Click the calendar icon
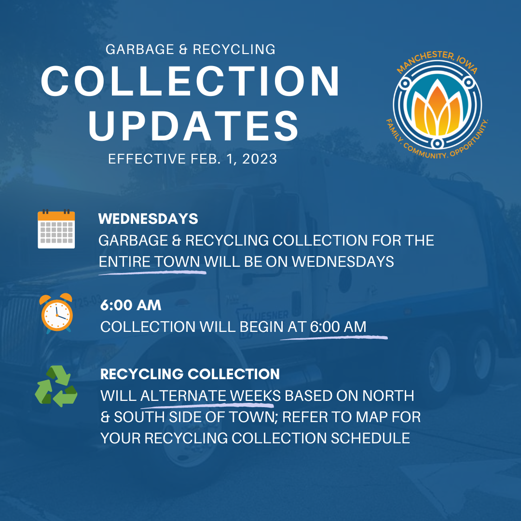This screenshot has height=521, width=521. pyautogui.click(x=56, y=229)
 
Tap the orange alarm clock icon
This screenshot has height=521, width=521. pyautogui.click(x=56, y=314)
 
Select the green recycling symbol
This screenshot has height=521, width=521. pyautogui.click(x=56, y=386)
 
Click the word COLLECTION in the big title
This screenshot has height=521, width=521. pyautogui.click(x=190, y=81)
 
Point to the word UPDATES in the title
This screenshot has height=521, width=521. pyautogui.click(x=194, y=125)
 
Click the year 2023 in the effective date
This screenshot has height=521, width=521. pyautogui.click(x=260, y=159)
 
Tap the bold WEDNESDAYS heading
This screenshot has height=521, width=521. pyautogui.click(x=148, y=219)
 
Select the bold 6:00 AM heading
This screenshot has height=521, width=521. pyautogui.click(x=131, y=305)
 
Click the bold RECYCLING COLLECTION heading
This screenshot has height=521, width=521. pyautogui.click(x=190, y=374)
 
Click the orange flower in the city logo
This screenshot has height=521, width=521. pyautogui.click(x=437, y=109)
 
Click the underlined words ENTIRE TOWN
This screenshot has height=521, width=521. pyautogui.click(x=149, y=262)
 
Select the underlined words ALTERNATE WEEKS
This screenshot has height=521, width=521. pyautogui.click(x=211, y=396)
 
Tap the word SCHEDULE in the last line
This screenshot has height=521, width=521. pyautogui.click(x=370, y=438)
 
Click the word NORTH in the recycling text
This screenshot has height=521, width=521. pyautogui.click(x=388, y=396)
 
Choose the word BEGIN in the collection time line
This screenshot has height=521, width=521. pyautogui.click(x=261, y=327)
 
